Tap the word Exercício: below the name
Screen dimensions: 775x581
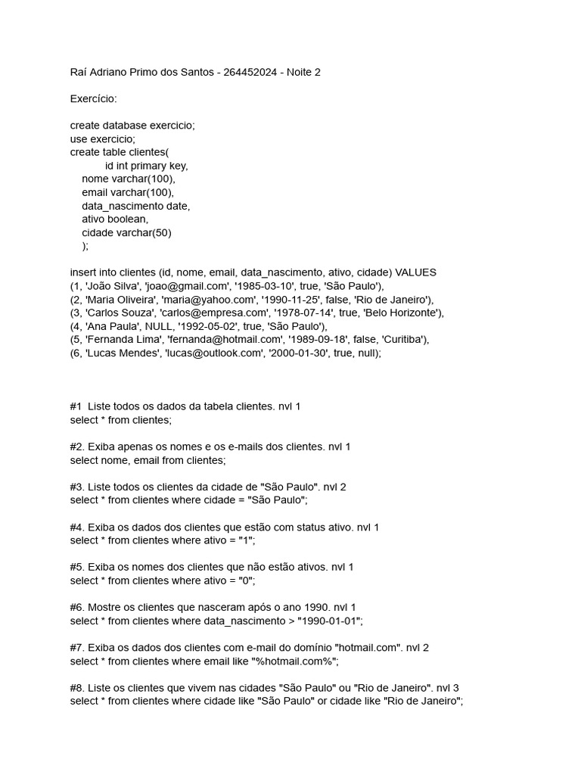click(x=94, y=99)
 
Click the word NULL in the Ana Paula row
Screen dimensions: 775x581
click(x=157, y=326)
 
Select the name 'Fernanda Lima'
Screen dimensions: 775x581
click(x=120, y=340)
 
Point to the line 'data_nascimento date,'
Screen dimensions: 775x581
click(x=136, y=206)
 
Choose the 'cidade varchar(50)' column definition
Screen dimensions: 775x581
click(x=127, y=232)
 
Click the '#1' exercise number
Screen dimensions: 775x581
click(x=76, y=406)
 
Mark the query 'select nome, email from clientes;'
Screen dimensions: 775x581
click(x=148, y=460)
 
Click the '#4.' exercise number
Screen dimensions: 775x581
click(x=78, y=527)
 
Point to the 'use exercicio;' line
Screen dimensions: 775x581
click(x=103, y=139)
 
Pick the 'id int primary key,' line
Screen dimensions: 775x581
click(x=146, y=166)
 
